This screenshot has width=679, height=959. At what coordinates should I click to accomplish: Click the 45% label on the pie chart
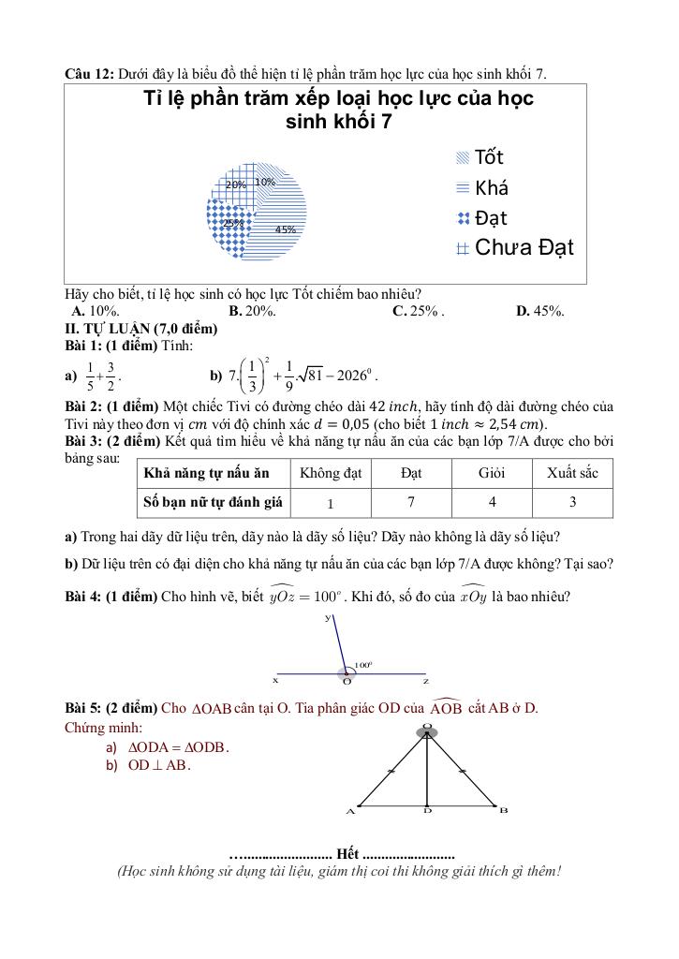286,229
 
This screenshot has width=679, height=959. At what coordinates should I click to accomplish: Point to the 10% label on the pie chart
265,182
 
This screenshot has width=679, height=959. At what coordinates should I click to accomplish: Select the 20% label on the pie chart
235,185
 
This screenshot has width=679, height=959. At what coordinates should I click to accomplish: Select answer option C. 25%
418,312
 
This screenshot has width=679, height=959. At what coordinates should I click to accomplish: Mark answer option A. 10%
95,312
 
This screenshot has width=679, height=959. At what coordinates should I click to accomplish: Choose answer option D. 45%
540,312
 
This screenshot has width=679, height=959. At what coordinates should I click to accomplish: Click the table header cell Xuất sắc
572,473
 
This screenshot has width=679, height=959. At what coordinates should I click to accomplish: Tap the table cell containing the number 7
411,502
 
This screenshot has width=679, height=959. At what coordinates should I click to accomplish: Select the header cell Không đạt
331,473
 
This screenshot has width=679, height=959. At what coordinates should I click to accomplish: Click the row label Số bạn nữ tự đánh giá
213,502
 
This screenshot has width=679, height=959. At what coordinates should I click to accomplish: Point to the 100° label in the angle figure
363,663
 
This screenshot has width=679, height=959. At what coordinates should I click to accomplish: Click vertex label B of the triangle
503,810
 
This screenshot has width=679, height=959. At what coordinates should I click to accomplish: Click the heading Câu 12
88,73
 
